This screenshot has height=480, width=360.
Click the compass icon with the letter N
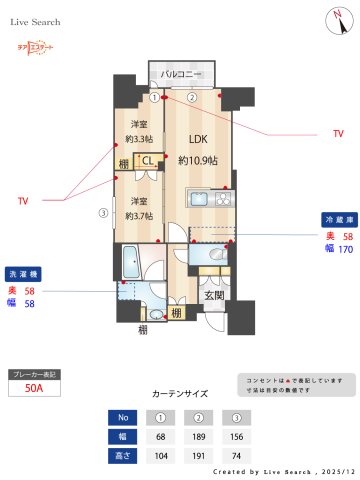pos(332,20)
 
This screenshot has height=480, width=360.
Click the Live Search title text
pos(36,21)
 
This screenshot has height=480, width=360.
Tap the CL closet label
pos(147,158)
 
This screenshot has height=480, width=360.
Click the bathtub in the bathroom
pos(128,266)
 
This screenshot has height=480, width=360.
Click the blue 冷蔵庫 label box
pos(335,219)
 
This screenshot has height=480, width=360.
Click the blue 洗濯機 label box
pos(23,272)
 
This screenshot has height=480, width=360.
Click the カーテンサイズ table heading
pos(180,394)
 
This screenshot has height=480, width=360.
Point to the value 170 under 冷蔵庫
pos(346,249)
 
